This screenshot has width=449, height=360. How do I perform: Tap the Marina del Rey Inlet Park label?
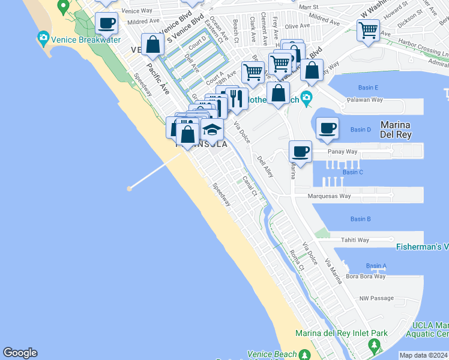pyautogui.click(x=341, y=333)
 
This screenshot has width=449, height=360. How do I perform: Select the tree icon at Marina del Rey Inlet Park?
pyautogui.click(x=375, y=345)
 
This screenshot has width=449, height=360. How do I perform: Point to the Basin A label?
pyautogui.click(x=376, y=266)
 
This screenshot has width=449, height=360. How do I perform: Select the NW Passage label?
pyautogui.click(x=376, y=298)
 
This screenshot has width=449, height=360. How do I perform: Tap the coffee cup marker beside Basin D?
pyautogui.click(x=327, y=128)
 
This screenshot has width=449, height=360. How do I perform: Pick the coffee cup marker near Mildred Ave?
pyautogui.click(x=106, y=23)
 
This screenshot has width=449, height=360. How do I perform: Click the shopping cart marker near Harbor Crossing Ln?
pyautogui.click(x=368, y=29)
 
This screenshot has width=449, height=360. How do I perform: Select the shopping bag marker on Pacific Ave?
pyautogui.click(x=152, y=44)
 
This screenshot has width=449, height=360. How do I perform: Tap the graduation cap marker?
pyautogui.click(x=212, y=129)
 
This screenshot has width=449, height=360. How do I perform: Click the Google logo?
pyautogui.click(x=20, y=353)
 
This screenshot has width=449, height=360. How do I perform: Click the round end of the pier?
pyautogui.click(x=129, y=188)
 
